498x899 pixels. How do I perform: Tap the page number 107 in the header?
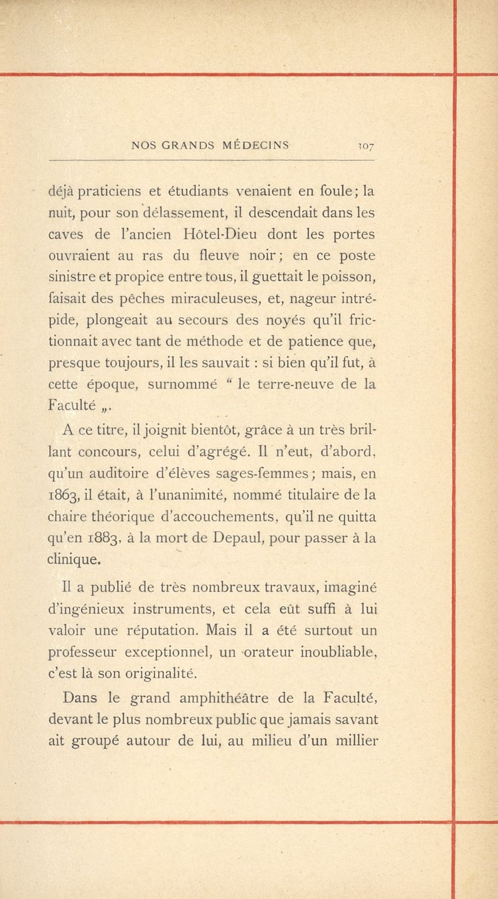click(365, 147)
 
